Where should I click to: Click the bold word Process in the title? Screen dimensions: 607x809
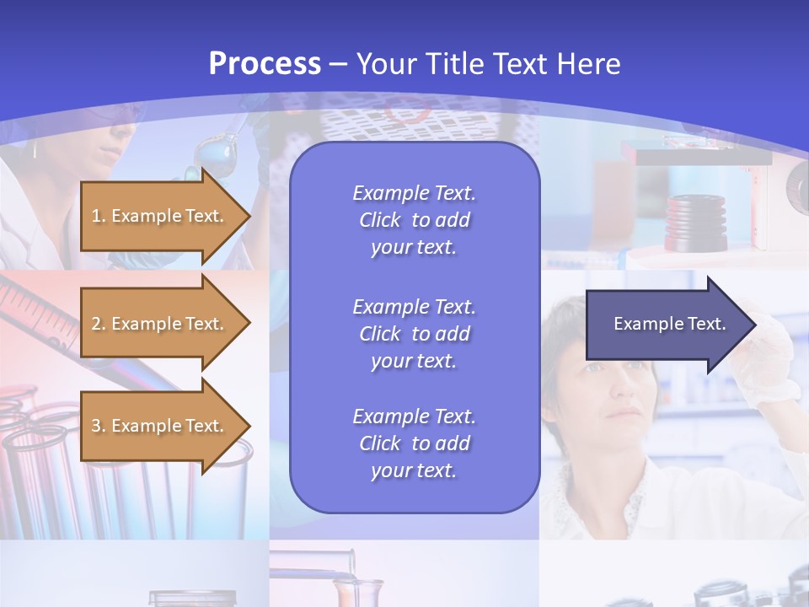[x=265, y=64]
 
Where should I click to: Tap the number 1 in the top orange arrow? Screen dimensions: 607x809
[x=96, y=216]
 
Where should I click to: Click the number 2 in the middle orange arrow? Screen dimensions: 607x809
[x=96, y=324]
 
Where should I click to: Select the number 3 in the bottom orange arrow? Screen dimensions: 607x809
[x=96, y=426]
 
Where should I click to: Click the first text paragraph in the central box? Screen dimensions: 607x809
[x=414, y=220]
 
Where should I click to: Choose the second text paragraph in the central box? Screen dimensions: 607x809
[x=414, y=334]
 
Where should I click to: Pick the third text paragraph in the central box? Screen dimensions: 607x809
[x=414, y=443]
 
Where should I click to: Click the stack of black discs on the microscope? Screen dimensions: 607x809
[x=696, y=223]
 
